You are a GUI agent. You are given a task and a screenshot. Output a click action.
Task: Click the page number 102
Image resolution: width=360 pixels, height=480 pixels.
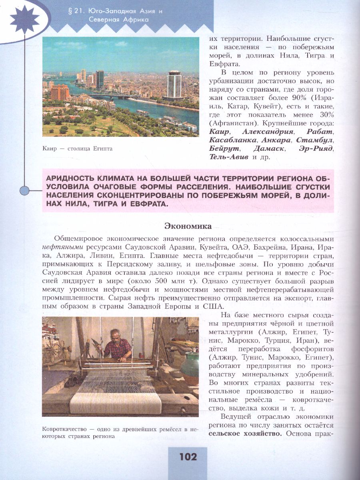tap(188, 457)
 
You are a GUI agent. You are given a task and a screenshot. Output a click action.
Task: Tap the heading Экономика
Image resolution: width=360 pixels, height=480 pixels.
tap(188, 226)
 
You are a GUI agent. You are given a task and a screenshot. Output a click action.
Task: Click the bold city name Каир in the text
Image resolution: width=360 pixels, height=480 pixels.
tap(219, 132)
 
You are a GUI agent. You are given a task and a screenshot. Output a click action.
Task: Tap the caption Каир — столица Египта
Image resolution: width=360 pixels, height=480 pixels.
tap(77, 149)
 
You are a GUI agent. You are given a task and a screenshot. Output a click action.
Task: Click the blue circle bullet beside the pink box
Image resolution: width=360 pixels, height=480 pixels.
tap(25, 191)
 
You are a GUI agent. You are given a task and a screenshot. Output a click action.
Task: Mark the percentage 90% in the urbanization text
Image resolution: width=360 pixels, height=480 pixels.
tap(299, 98)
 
